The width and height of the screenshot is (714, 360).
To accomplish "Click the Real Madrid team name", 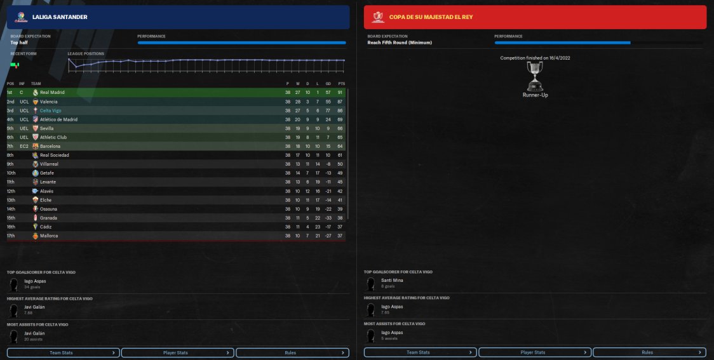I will click(x=52, y=93).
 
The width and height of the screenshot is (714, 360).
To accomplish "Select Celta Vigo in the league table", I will click(x=51, y=110).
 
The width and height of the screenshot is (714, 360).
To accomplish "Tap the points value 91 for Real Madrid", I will click(x=341, y=93).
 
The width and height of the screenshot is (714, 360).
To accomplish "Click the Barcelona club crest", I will click(x=36, y=146).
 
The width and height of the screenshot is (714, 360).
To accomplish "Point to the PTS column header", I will click(x=341, y=84).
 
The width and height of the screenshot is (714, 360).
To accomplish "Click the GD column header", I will click(x=328, y=84).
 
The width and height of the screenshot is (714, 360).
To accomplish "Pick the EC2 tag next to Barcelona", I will click(x=24, y=146).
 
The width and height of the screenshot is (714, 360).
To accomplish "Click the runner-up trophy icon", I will click(x=535, y=76).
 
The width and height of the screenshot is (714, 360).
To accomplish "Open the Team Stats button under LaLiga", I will click(x=63, y=352).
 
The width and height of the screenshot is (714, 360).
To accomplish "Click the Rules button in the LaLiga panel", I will click(x=292, y=352).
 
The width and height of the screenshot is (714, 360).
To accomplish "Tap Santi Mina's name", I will click(x=391, y=280).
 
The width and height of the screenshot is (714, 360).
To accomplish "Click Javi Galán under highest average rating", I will click(x=34, y=307).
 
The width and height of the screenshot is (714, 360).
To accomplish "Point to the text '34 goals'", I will click(x=32, y=286).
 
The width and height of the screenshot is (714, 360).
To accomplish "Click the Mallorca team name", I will click(x=49, y=236).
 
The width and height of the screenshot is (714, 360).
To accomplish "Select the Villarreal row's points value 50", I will click(x=341, y=164).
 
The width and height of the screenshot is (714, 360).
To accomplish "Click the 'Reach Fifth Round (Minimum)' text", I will click(x=400, y=43).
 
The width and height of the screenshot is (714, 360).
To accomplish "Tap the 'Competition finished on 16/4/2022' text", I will click(x=535, y=58).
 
